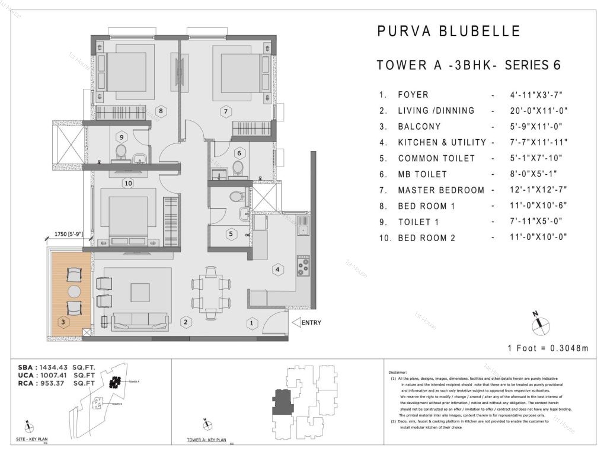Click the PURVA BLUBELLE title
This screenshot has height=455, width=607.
coord(449,31)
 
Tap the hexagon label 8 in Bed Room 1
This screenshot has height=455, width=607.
coord(160,110)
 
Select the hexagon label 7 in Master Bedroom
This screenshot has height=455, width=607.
coord(225,110)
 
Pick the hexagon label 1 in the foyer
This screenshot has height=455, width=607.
coord(252,323)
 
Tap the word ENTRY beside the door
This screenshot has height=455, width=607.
coord(311,323)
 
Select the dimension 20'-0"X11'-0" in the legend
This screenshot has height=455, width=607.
coord(532,110)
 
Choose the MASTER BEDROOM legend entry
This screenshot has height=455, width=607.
coord(441,190)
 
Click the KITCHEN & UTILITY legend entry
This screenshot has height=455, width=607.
coord(442,142)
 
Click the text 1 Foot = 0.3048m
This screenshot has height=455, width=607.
coord(548,348)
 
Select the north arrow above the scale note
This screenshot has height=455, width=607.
coord(541,322)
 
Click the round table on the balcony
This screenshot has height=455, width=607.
coord(74,291)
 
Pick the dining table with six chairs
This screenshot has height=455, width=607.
coord(209,291)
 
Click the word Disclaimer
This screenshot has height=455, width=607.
coord(398,371)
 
